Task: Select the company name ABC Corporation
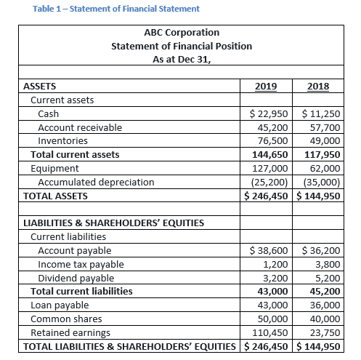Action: (x=181, y=33)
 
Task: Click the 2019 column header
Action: (x=266, y=87)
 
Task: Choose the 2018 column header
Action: (x=318, y=87)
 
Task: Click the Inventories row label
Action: (x=62, y=141)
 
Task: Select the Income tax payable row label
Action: (x=80, y=264)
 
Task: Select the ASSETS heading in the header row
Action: (x=41, y=87)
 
